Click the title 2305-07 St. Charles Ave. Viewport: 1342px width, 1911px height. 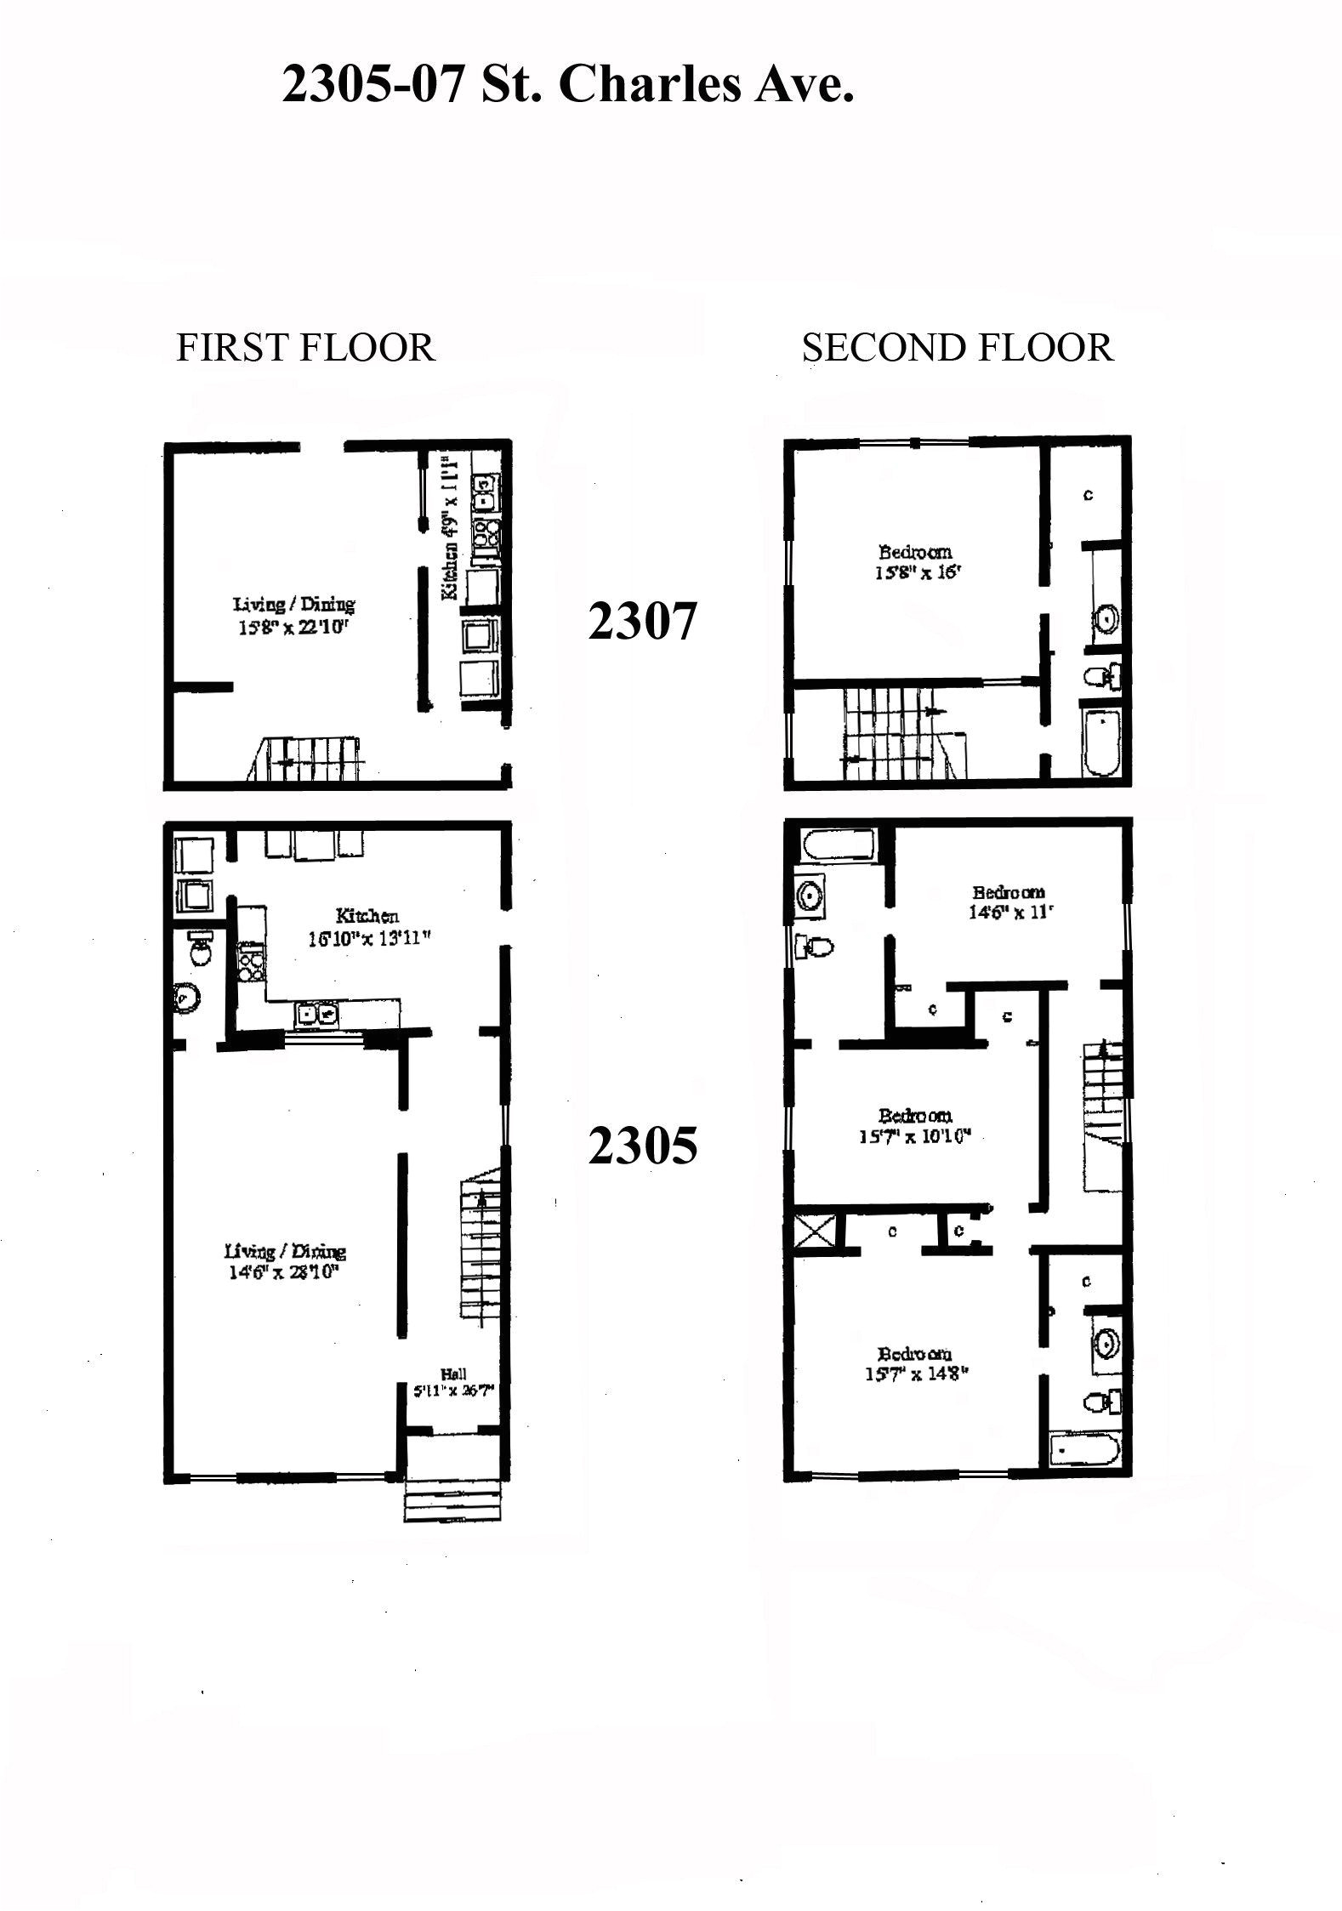tap(567, 85)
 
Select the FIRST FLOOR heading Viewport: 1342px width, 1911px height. tap(304, 348)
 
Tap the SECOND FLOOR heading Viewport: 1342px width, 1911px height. tap(958, 348)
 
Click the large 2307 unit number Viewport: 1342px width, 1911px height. tap(642, 621)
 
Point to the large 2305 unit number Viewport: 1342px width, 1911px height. tap(642, 1146)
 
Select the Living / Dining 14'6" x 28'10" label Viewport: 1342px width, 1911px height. tap(285, 1262)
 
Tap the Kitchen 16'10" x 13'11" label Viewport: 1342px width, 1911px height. tap(367, 927)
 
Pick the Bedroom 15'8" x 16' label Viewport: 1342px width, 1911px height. tap(915, 562)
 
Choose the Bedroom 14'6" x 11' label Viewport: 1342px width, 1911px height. tap(1009, 902)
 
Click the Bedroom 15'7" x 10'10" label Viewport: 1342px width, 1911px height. tap(915, 1124)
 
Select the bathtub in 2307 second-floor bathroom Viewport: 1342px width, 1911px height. tap(1101, 743)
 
